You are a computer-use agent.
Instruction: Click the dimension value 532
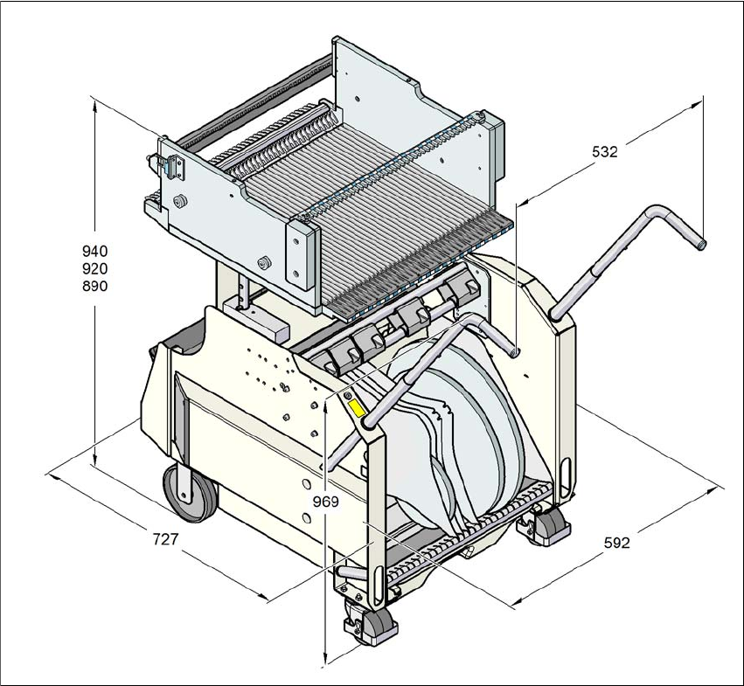click(605, 151)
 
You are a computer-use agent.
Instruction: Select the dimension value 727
click(164, 539)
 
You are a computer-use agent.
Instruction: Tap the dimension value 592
click(617, 543)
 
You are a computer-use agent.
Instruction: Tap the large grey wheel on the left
click(186, 492)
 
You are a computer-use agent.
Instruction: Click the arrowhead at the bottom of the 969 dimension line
click(325, 662)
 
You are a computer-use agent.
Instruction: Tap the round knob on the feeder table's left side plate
click(179, 200)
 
